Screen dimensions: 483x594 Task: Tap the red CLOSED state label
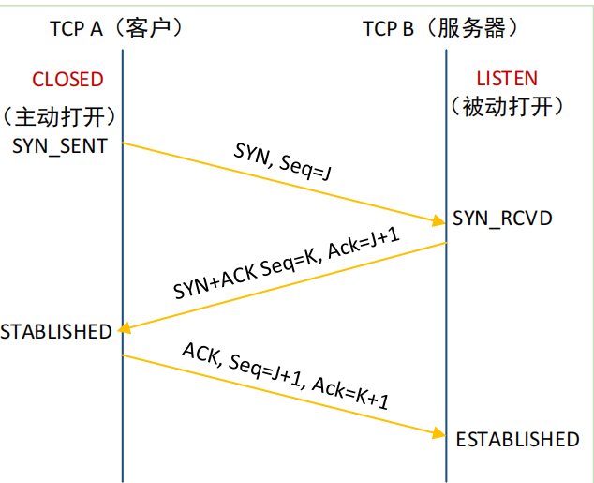67,80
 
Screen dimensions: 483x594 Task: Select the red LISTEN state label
508,80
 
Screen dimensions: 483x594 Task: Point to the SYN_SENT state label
59,146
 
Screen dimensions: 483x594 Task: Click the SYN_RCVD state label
502,219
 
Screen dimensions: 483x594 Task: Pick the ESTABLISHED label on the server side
517,439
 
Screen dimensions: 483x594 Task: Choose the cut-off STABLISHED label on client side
55,331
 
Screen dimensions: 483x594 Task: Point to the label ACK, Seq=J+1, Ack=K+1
286,375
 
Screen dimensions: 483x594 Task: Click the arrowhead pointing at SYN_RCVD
439,221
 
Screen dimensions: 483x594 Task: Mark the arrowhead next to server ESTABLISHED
439,433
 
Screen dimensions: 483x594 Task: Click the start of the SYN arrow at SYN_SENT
124,143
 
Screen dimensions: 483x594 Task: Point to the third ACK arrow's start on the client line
124,355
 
